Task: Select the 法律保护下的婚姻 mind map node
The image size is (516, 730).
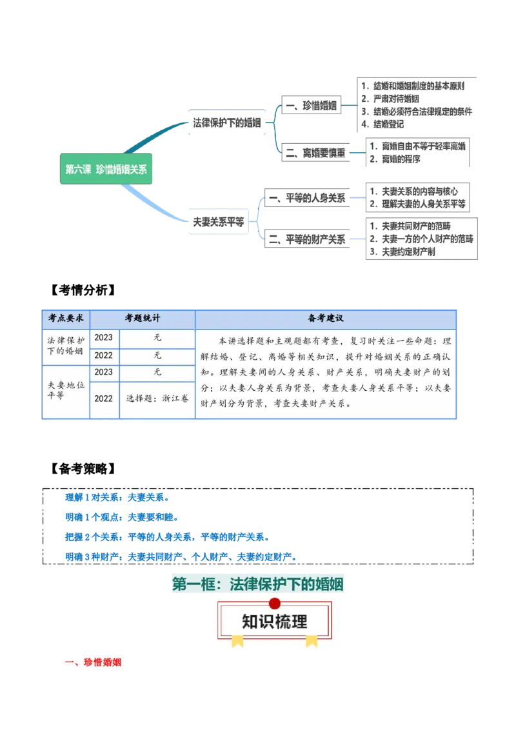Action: pyautogui.click(x=227, y=123)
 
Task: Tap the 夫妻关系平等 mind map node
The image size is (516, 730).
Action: pyautogui.click(x=218, y=222)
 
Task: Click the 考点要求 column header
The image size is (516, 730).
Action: pyautogui.click(x=66, y=319)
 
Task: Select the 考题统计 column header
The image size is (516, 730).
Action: pyautogui.click(x=143, y=319)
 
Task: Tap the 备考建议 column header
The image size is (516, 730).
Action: pyautogui.click(x=326, y=319)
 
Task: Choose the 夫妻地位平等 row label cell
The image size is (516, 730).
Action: pyautogui.click(x=66, y=390)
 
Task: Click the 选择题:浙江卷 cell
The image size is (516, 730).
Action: pyautogui.click(x=157, y=399)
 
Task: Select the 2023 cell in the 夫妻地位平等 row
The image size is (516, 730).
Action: pyautogui.click(x=103, y=372)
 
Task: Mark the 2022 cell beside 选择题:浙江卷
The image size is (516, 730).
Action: pyautogui.click(x=103, y=399)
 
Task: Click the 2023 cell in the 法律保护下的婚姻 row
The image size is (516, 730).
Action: pyautogui.click(x=103, y=337)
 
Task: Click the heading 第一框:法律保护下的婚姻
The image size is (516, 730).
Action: pyautogui.click(x=258, y=584)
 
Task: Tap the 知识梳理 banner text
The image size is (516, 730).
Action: pyautogui.click(x=275, y=622)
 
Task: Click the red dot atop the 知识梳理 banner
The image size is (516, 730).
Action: pyautogui.click(x=275, y=603)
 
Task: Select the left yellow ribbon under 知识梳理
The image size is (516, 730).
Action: pyautogui.click(x=238, y=640)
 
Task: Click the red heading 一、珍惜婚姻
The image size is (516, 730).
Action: pyautogui.click(x=94, y=662)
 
